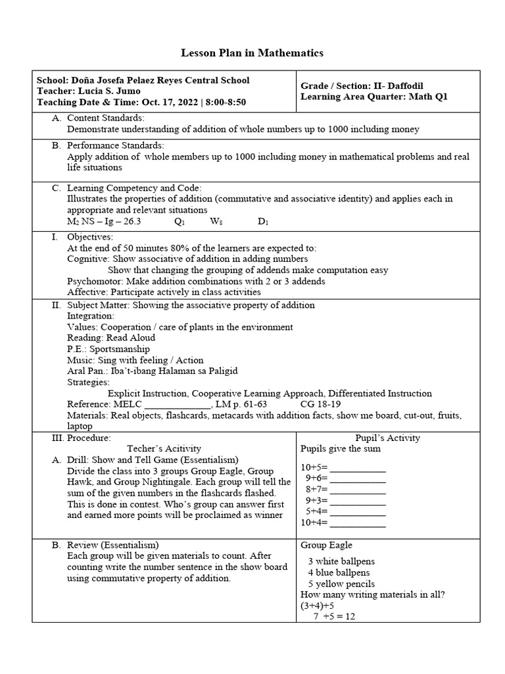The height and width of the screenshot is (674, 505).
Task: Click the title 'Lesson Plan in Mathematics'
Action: click(252, 53)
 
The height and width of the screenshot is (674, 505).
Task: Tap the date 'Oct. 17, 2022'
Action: click(168, 102)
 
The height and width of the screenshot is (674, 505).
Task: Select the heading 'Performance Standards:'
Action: click(116, 145)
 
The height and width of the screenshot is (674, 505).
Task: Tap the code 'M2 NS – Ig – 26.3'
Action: click(104, 221)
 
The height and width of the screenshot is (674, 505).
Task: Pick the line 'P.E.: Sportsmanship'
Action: click(108, 349)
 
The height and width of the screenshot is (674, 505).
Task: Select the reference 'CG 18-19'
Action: click(320, 403)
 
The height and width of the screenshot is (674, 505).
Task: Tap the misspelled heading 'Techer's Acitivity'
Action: click(164, 448)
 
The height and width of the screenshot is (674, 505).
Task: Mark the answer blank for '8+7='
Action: click(357, 489)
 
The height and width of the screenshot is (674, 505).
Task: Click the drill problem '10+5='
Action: click(314, 467)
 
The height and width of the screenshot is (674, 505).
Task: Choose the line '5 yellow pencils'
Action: click(341, 584)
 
